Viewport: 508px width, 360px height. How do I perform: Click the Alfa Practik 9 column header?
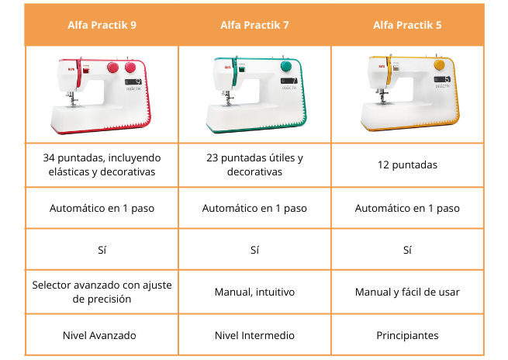(102, 26)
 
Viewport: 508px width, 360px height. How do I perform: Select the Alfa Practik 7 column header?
(254, 26)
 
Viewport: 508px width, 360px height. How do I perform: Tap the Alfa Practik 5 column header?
(407, 26)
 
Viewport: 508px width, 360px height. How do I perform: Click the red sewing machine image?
(101, 95)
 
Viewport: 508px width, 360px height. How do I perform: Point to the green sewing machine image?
(256, 94)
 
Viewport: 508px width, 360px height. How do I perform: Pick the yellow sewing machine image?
(410, 92)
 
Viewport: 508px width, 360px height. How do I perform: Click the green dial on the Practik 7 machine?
(286, 66)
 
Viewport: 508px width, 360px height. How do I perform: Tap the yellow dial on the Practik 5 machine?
(439, 65)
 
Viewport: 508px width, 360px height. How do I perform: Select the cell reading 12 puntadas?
(407, 165)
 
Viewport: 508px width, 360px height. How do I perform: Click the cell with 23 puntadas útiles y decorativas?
(254, 164)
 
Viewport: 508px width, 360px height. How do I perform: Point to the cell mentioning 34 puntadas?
(102, 164)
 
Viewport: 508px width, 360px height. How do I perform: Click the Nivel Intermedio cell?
(254, 335)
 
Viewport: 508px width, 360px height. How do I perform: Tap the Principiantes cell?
(407, 335)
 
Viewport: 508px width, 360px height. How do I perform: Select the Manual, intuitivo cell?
(254, 292)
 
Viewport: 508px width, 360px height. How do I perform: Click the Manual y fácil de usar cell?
(407, 292)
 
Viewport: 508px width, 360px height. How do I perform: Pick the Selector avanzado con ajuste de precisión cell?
(102, 292)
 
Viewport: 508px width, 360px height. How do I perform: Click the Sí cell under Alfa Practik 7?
(254, 250)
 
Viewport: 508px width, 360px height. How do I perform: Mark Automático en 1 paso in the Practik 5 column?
(407, 208)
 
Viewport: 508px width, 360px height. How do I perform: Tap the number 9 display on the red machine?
(133, 81)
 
